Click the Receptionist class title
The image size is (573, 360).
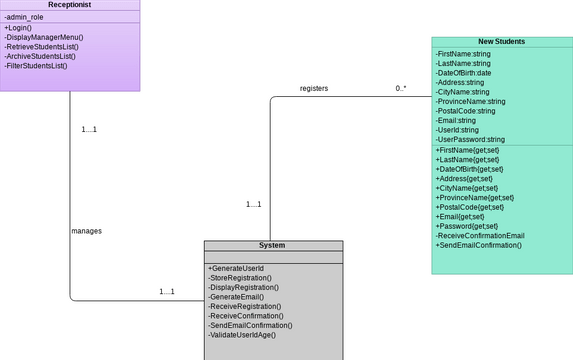[x=69, y=6]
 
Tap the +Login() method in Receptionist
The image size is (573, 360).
[x=19, y=28]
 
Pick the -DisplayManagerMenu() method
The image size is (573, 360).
[x=43, y=37]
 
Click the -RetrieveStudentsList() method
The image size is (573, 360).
[x=42, y=47]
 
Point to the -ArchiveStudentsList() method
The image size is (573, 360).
[x=40, y=56]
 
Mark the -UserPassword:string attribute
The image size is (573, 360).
[x=470, y=140]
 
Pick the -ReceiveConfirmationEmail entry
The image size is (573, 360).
[x=479, y=235]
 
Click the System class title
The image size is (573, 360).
[x=272, y=245]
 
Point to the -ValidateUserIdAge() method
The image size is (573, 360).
[x=241, y=334]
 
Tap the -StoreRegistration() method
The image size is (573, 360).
[x=240, y=278]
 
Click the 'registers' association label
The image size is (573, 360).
[x=313, y=89]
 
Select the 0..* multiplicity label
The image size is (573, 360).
[x=400, y=89]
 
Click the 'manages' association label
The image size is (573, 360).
[x=86, y=231]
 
